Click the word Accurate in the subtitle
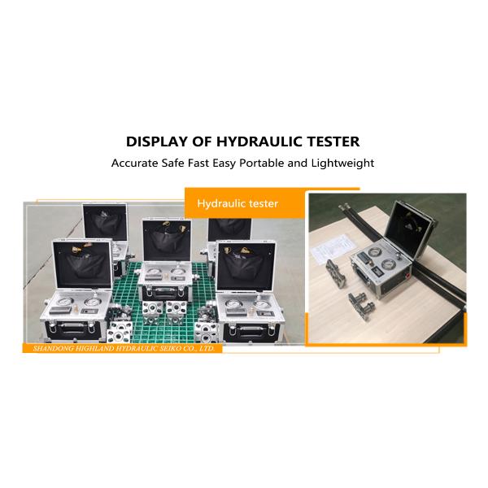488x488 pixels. point(135,163)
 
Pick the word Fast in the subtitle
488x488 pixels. point(198,163)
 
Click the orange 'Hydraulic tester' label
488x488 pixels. point(237,203)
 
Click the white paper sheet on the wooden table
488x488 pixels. point(330,249)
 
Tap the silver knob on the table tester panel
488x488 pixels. point(397,257)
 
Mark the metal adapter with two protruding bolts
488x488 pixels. point(362,306)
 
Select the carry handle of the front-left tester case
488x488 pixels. point(73,325)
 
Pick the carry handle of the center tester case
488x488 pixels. point(164,290)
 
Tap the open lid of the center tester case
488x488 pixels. point(167,240)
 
